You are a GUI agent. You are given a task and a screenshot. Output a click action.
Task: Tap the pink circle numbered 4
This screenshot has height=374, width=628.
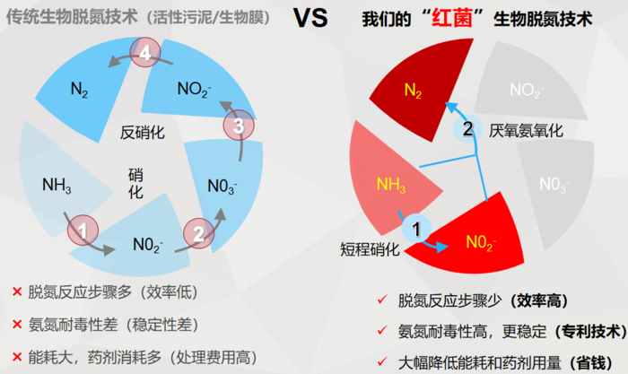click(145, 56)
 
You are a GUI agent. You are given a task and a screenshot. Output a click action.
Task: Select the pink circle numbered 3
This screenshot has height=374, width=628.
click(237, 126)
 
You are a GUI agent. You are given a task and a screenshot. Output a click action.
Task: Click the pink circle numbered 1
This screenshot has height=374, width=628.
click(83, 230)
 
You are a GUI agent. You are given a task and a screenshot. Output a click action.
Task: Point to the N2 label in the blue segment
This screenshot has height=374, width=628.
click(79, 88)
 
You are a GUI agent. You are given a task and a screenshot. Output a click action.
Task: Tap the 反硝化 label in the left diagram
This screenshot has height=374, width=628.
click(144, 133)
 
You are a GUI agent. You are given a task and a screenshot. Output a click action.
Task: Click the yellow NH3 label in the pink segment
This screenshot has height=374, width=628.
click(391, 185)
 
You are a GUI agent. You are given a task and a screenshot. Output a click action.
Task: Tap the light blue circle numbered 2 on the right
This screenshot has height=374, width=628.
click(467, 128)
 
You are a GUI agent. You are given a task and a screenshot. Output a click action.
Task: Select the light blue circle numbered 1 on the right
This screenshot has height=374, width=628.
click(415, 229)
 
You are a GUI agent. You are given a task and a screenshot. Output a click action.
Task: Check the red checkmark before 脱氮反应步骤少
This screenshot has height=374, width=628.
click(382, 300)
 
